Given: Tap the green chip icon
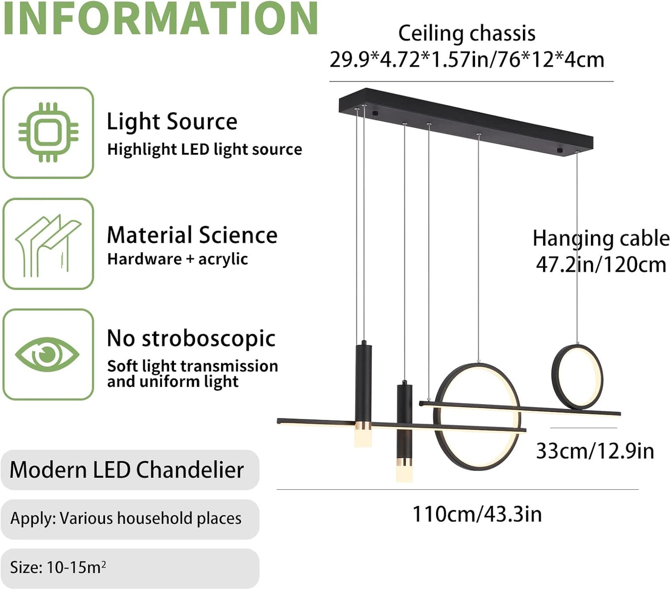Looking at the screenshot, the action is click(48, 132).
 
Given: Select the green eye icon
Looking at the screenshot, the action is click(47, 354).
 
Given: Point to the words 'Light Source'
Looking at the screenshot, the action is click(172, 122).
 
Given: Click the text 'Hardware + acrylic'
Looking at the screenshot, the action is click(177, 259).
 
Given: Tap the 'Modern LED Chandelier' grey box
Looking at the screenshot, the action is click(130, 470).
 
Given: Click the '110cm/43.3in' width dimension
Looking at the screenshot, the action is click(477, 514).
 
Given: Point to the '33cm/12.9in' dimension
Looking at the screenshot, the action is click(595, 451).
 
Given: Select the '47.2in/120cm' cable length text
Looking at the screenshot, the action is click(601, 265).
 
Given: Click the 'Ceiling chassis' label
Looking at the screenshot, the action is click(467, 34).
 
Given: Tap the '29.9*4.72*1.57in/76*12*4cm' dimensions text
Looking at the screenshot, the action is click(467, 60).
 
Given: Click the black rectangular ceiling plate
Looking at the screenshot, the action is click(466, 122).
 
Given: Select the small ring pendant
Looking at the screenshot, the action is click(577, 377).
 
